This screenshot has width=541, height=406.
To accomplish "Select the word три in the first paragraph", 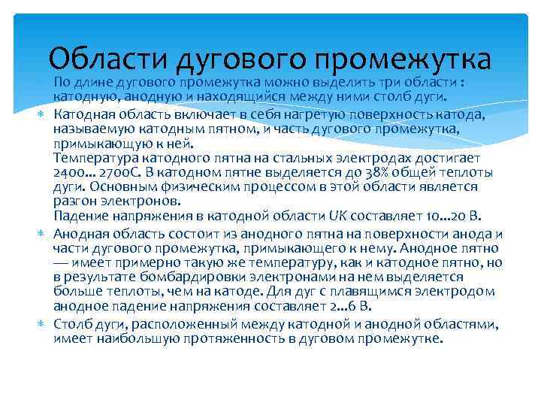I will click(x=373, y=83).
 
